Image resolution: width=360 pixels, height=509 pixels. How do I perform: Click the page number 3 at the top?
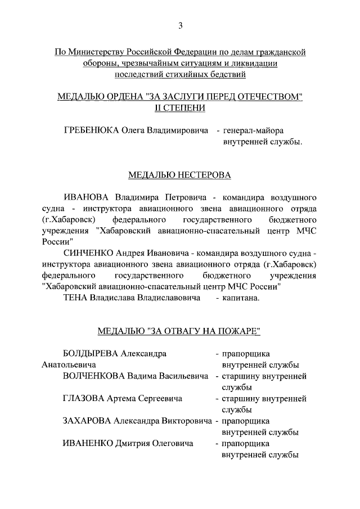click(x=180, y=25)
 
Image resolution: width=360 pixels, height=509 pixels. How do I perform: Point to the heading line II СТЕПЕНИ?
click(x=180, y=108)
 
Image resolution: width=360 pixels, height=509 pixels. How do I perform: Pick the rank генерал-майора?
click(x=253, y=130)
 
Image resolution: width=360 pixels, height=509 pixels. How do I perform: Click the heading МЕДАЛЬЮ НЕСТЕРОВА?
click(x=180, y=175)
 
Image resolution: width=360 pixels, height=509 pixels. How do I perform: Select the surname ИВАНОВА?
click(x=87, y=198)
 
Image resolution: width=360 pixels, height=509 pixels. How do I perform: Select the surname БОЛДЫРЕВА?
click(x=92, y=354)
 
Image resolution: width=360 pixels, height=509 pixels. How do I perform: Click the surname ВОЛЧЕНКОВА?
click(x=93, y=376)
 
